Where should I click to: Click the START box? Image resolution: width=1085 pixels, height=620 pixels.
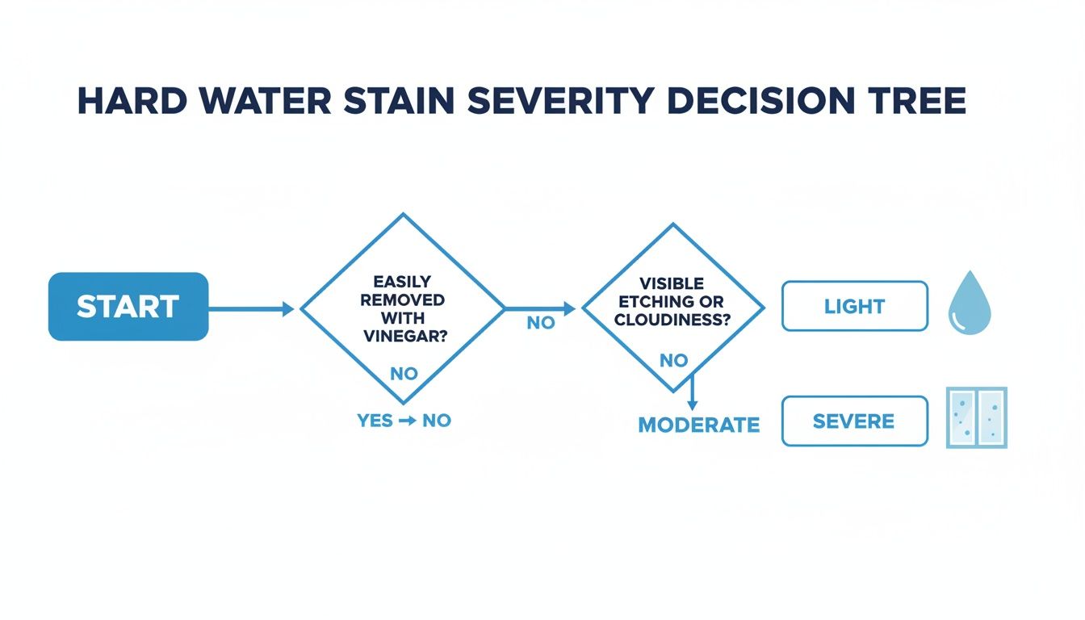(x=128, y=307)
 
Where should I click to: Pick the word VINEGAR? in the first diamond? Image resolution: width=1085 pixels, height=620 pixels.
(x=404, y=337)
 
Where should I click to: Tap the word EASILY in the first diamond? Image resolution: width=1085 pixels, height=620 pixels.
(x=403, y=282)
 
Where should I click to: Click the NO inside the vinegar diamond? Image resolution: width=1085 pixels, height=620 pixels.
(x=404, y=375)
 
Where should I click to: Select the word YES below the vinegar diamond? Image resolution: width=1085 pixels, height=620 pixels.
(x=375, y=421)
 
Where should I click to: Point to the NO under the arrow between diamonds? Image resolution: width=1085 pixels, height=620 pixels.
(x=541, y=323)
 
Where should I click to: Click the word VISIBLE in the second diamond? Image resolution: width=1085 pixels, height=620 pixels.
(x=672, y=283)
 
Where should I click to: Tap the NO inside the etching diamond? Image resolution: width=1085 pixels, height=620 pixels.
(x=673, y=361)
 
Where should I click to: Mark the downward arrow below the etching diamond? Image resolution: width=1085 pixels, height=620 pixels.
(x=692, y=396)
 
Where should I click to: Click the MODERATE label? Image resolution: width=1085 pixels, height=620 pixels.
(x=699, y=425)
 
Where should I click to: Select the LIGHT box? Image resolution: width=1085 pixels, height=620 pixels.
(x=855, y=307)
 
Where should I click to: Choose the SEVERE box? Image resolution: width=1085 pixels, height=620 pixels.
(x=855, y=421)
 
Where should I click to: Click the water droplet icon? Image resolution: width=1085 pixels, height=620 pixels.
(x=970, y=303)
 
